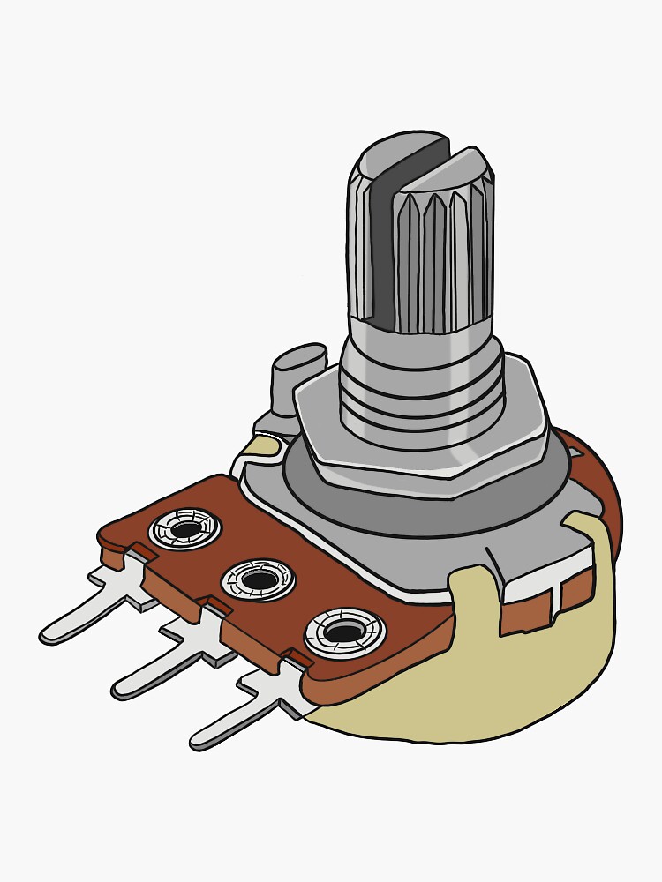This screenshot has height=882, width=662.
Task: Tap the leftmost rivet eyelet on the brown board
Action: (x=185, y=529)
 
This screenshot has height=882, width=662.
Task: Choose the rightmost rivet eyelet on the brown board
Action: (x=345, y=632)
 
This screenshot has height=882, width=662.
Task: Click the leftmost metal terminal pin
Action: (x=88, y=617)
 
